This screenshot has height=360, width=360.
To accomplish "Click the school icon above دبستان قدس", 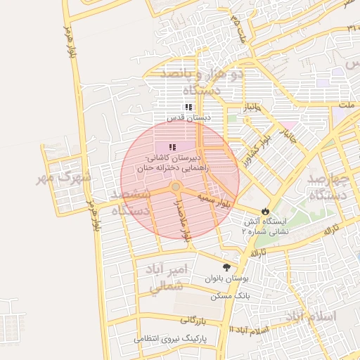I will [188, 107].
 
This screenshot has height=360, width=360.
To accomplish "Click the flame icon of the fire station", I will [264, 210].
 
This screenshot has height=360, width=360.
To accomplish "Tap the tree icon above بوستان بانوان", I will [226, 267].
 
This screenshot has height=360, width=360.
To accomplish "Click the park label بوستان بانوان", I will [224, 278].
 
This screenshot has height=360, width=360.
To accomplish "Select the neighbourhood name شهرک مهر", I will [65, 178].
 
